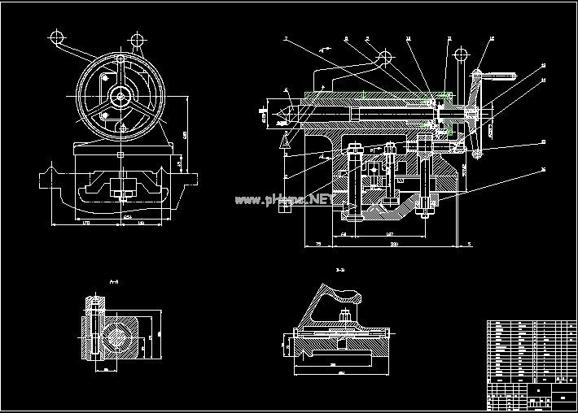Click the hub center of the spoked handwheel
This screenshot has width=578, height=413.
tap(120, 98)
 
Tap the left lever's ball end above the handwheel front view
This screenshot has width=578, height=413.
tap(57, 38)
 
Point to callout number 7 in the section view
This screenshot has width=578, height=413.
tap(286, 39)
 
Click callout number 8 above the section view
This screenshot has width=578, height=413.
tap(345, 38)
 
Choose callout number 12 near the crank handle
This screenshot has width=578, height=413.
tap(493, 39)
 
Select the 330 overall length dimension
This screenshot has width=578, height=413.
tap(394, 244)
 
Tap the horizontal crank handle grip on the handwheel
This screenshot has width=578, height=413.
tap(504, 77)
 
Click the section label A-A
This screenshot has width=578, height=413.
tap(113, 281)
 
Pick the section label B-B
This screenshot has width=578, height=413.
tap(339, 269)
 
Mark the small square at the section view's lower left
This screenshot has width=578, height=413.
tap(282, 207)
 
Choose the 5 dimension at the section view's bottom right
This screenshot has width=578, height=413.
tap(471, 243)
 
